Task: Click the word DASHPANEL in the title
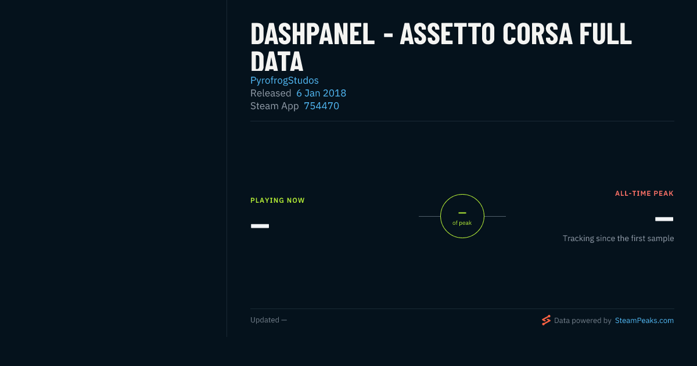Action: point(312,34)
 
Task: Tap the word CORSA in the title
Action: point(537,34)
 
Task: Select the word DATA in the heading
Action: point(276,62)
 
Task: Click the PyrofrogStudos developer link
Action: point(285,80)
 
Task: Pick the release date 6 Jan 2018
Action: point(321,93)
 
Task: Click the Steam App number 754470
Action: point(321,106)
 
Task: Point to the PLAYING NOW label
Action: point(278,200)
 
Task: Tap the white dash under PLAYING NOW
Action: point(260,226)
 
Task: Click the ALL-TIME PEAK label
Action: point(644,193)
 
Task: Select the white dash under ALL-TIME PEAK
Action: point(664,219)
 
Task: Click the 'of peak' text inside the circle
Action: point(462,223)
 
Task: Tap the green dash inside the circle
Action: point(462,213)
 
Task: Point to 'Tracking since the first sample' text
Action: point(618,238)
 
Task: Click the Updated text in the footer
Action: point(268,320)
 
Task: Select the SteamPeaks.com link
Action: point(644,321)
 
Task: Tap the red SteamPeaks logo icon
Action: point(546,320)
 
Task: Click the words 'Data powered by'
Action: point(583,321)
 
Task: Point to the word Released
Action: point(271,93)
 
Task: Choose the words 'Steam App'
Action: point(274,106)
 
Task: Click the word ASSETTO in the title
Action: point(447,34)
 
